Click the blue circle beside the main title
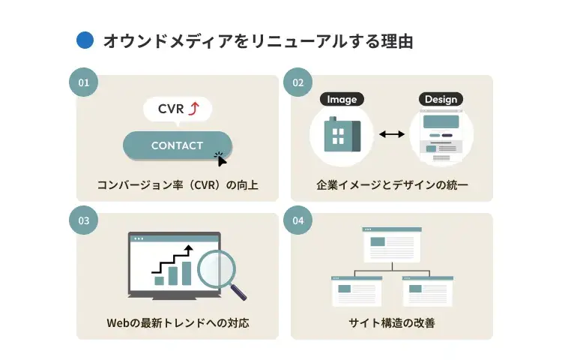85,40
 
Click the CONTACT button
177,145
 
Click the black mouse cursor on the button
221,159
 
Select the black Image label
342,99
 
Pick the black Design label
440,99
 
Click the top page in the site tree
392,244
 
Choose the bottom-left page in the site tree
357,291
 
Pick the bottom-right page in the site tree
427,291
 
